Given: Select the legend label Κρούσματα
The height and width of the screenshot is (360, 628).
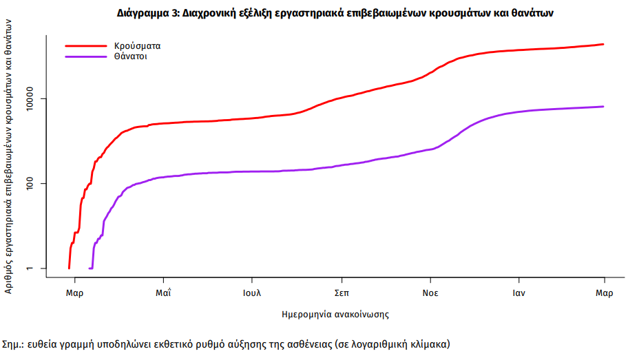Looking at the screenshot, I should coord(137,45).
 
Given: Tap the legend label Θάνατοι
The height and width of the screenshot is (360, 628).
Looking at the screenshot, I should coord(130,56).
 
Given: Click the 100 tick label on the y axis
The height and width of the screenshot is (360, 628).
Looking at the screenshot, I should coord(32,183).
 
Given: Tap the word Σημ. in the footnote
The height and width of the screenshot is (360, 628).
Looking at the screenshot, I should coord(13,343).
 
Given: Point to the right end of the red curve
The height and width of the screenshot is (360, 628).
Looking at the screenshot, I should coord(603,44).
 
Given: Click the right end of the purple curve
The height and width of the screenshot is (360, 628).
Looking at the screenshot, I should coord(603,107).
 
